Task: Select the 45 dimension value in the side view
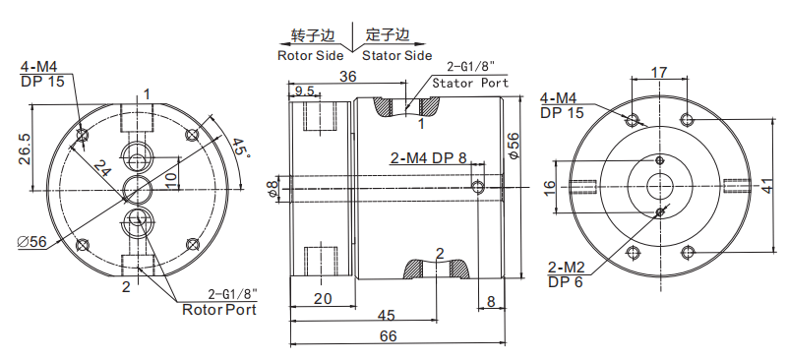[x=387, y=316]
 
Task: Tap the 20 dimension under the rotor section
[x=321, y=299]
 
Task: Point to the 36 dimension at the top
[x=347, y=77]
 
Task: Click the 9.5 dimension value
[x=304, y=91]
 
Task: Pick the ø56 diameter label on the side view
[x=515, y=145]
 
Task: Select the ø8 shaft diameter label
[x=273, y=188]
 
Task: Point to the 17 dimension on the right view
[x=659, y=73]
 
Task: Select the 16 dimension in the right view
[x=550, y=186]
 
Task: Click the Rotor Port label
[x=219, y=309]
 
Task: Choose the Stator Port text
[x=471, y=83]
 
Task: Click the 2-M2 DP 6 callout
[x=568, y=272]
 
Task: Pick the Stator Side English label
[x=396, y=55]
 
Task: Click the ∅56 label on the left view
[x=32, y=242]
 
